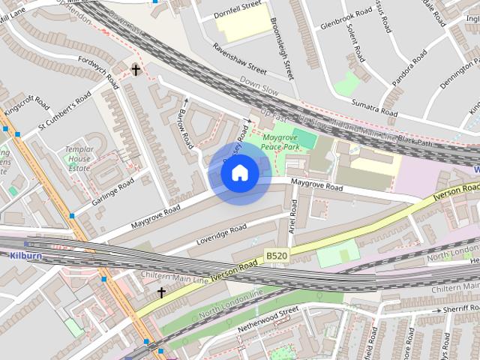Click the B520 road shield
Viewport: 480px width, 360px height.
point(277,256)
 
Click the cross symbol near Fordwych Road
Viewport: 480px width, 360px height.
point(136,70)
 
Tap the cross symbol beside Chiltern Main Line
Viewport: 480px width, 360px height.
point(161,292)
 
